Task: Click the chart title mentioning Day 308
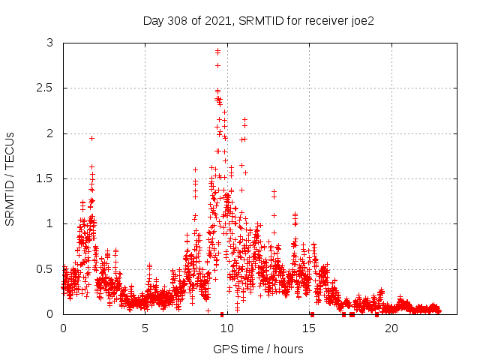[259, 20]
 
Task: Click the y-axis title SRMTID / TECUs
[10, 178]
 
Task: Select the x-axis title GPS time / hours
[259, 349]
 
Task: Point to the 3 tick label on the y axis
[49, 43]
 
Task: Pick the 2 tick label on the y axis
[49, 133]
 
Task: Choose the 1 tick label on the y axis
[49, 223]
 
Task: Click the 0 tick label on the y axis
[49, 313]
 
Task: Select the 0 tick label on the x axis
[63, 328]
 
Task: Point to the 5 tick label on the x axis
[145, 328]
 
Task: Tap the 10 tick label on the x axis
[226, 328]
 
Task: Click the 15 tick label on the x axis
[308, 328]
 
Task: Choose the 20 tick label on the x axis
[391, 328]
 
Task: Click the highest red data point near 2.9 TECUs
[217, 51]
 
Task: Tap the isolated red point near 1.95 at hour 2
[91, 138]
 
